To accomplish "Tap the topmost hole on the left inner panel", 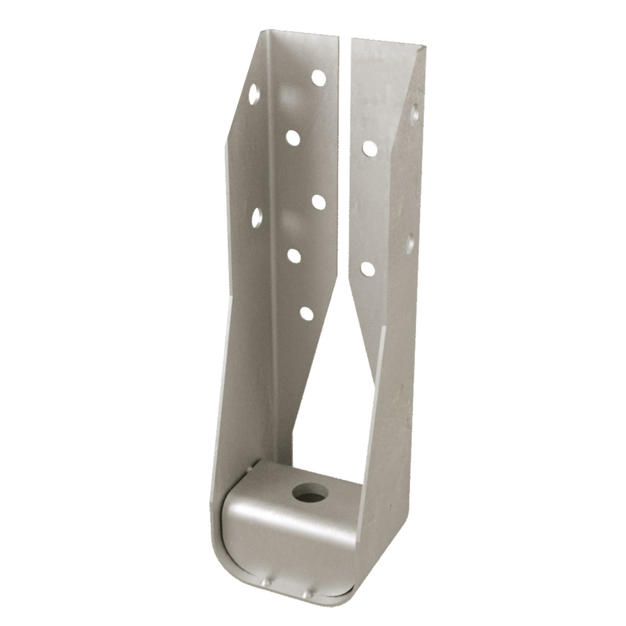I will click(x=319, y=77).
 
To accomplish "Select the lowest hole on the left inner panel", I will click(x=307, y=313).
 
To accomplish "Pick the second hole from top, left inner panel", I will click(x=293, y=138).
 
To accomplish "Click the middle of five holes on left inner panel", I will click(x=318, y=201).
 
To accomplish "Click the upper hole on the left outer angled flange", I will click(x=253, y=93).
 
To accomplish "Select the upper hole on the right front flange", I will click(x=369, y=148).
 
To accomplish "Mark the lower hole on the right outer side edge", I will click(x=411, y=243).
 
